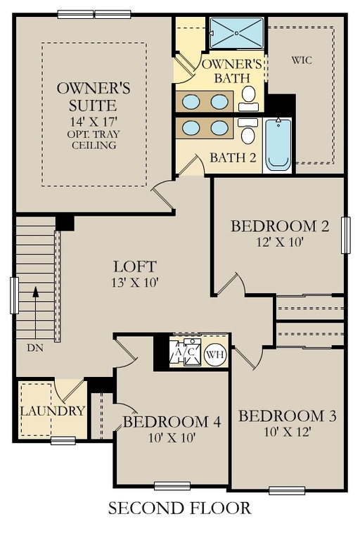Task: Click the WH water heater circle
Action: [216, 354]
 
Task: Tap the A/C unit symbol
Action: [185, 352]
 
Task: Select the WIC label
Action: [302, 60]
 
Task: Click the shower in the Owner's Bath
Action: [236, 33]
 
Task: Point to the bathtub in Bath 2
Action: [278, 144]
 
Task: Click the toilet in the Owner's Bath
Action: [249, 98]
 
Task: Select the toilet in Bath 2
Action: [247, 131]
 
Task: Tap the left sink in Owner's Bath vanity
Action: [191, 101]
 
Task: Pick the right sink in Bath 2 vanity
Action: [219, 128]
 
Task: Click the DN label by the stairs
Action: [35, 348]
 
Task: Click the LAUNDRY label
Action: [52, 411]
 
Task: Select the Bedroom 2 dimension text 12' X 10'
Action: [280, 242]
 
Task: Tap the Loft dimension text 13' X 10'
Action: [135, 282]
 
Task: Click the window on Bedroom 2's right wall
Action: [345, 236]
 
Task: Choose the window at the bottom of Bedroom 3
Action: [287, 490]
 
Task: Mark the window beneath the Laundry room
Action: [63, 441]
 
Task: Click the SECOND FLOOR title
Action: [180, 508]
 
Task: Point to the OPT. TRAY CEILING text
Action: [94, 140]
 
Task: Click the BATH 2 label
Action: [233, 158]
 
